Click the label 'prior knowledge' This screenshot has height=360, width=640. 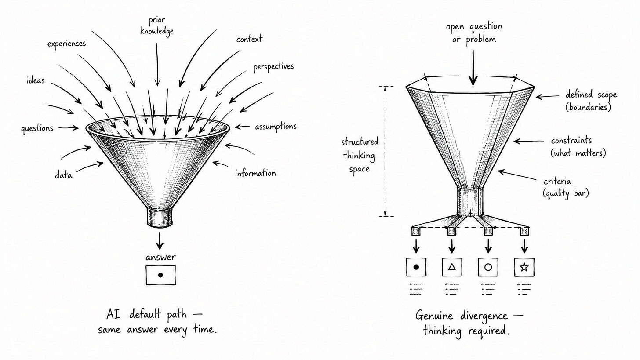click(157, 26)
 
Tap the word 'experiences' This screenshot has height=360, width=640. click(66, 44)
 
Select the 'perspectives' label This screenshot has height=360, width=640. click(273, 67)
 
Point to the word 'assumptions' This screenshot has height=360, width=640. click(276, 127)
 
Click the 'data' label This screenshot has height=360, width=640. click(63, 175)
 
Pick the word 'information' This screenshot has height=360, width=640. click(255, 173)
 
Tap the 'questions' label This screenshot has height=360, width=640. click(37, 128)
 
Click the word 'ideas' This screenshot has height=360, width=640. click(36, 80)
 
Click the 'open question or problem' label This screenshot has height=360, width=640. click(474, 33)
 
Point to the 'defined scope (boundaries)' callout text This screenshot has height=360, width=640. click(591, 101)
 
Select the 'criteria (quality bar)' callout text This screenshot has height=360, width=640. click(566, 187)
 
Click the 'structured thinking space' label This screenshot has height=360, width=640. click(360, 155)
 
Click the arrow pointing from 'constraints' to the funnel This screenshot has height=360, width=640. click(529, 141)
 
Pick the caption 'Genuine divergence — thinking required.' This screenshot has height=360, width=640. click(469, 323)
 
